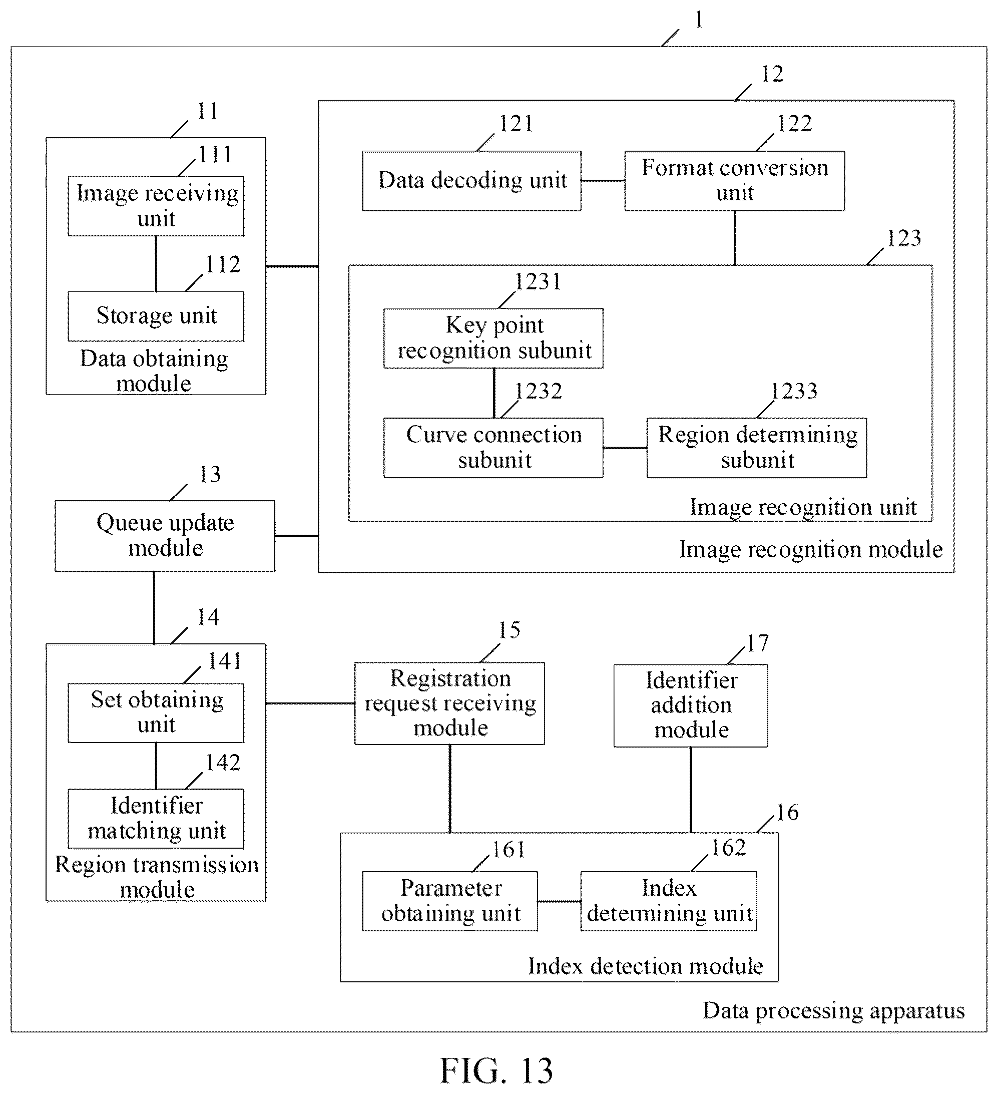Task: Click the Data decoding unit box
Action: coord(472,181)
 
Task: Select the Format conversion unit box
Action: coord(734,181)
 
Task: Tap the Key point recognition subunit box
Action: coord(493,338)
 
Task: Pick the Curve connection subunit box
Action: coord(493,448)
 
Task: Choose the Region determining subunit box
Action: coord(757,448)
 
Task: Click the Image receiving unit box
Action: coord(156,206)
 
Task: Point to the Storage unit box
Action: coord(156,316)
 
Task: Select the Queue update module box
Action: coord(165,536)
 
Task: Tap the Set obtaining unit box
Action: coord(156,712)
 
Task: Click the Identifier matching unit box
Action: coord(156,818)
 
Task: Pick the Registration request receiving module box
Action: coord(449,703)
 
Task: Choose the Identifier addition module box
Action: coord(691,705)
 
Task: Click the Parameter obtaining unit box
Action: coord(449,901)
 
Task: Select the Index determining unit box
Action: coord(669,901)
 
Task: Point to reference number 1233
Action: coord(794,391)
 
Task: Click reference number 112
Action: coord(223,265)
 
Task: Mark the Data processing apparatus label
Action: coord(834,1011)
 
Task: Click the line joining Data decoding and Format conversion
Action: coord(603,181)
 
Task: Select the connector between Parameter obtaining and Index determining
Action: coord(559,901)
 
